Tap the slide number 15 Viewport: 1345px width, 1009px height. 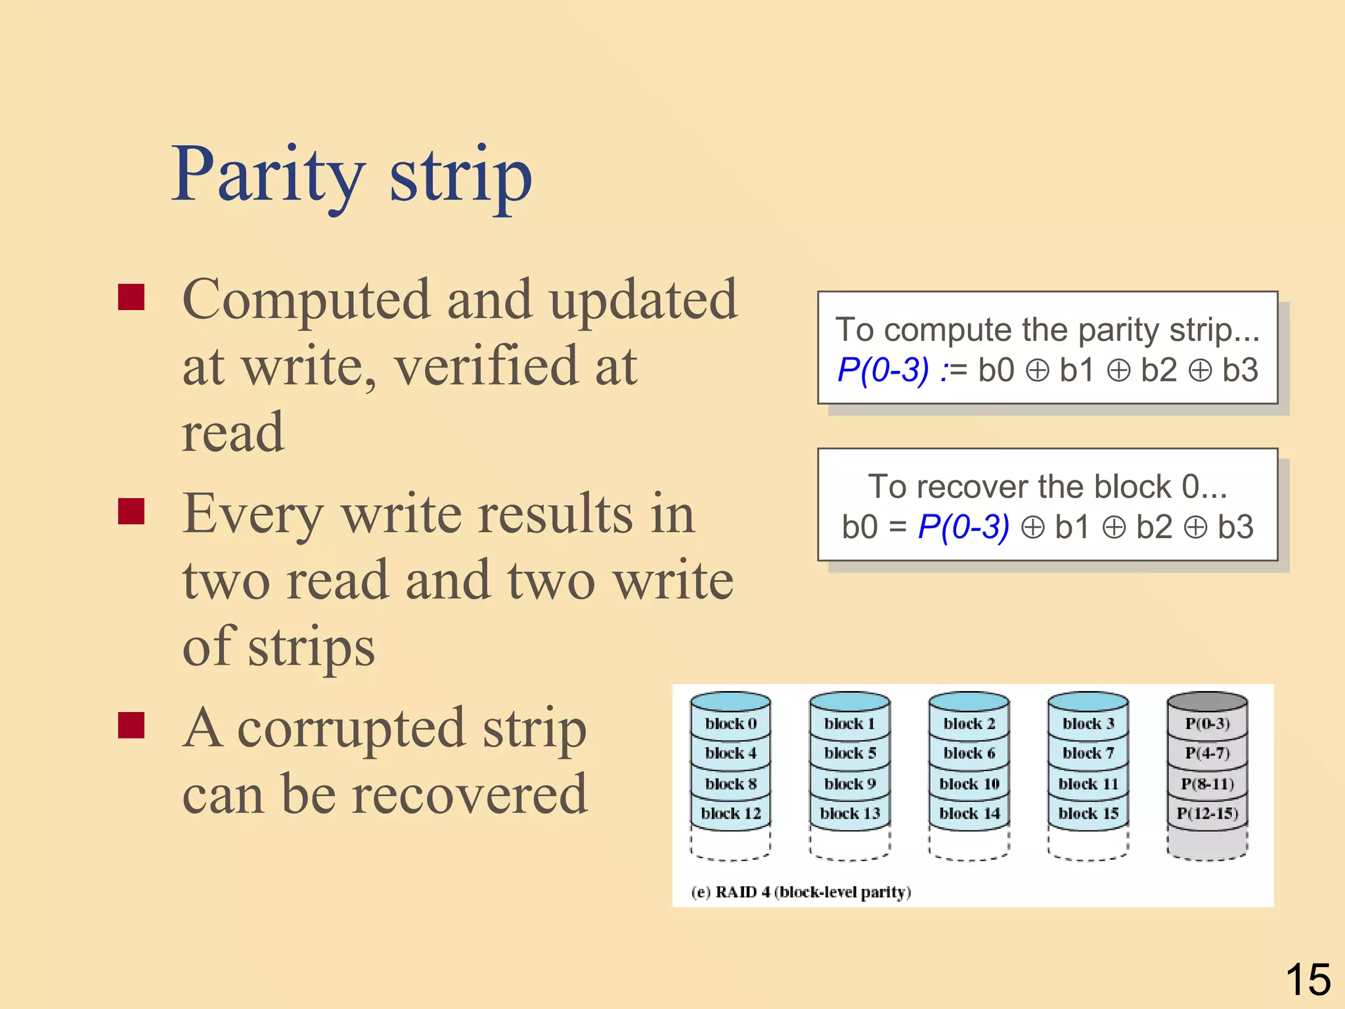coord(1308,979)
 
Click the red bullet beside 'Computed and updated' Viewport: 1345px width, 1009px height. coord(131,297)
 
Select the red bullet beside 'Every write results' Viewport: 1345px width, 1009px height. coord(131,511)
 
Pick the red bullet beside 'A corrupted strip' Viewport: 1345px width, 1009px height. coord(131,725)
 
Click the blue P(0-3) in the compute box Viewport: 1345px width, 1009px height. coord(883,370)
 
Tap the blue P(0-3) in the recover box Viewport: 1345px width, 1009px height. coord(963,527)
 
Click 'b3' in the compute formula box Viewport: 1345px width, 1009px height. coord(1240,370)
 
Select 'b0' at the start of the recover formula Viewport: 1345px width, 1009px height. coord(860,527)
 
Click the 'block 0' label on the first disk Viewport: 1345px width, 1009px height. coord(731,723)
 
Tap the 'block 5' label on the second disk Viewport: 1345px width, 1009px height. coord(850,753)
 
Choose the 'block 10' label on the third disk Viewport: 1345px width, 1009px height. coord(969,784)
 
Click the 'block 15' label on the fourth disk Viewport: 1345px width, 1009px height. coord(1088,813)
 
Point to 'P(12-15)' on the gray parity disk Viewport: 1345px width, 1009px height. coord(1207,813)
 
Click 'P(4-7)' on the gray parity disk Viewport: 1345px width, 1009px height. coord(1207,753)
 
